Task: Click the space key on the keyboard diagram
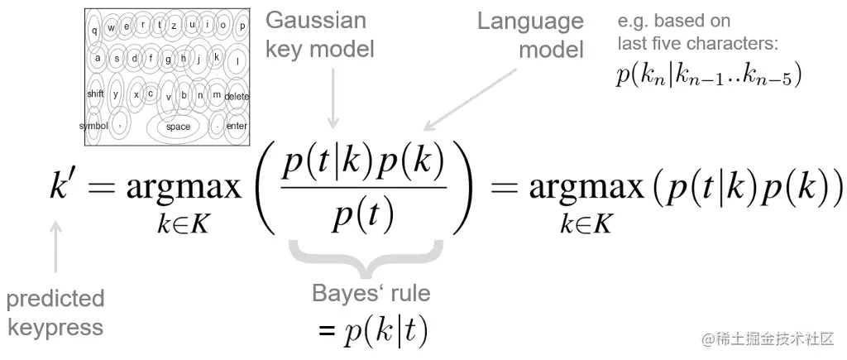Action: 178,127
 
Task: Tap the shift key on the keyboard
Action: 95,94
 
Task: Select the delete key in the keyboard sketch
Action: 237,96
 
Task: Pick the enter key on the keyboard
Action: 237,127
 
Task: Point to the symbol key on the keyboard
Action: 93,126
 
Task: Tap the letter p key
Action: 242,26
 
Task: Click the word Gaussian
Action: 315,20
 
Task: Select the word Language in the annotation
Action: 530,22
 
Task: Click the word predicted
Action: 55,298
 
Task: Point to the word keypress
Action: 55,327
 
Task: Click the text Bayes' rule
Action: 371,294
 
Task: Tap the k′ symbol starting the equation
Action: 67,189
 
